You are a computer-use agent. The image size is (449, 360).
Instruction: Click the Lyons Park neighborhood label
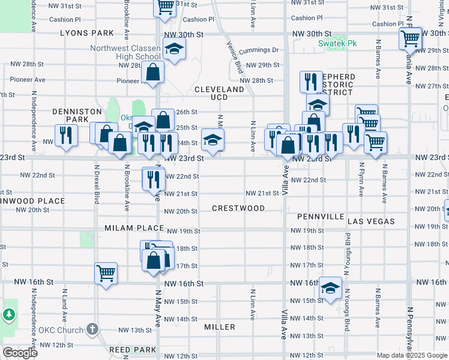87,34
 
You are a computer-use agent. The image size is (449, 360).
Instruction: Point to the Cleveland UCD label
219,93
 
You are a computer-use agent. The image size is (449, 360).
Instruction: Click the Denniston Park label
70,115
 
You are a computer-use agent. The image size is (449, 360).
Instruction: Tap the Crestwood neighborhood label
238,208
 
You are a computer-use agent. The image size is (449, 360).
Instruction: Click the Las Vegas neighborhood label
371,221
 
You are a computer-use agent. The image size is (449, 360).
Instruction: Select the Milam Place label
134,228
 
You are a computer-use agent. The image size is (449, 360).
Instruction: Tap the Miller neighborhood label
220,327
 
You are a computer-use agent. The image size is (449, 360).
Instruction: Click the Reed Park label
133,349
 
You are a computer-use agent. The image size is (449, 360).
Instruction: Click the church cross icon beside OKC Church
91,329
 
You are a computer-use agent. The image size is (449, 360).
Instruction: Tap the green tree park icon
8,314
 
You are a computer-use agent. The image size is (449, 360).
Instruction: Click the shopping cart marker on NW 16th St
106,273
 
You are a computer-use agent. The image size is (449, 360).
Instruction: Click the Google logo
20,353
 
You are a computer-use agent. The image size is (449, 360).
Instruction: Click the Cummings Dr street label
259,50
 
